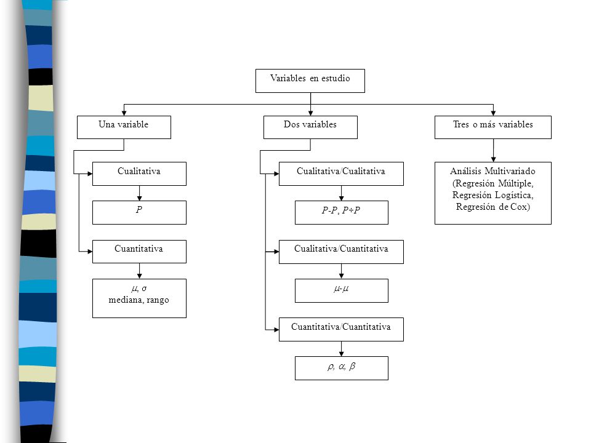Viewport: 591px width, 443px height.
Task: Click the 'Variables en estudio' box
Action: point(310,81)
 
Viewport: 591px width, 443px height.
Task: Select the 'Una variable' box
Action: point(124,127)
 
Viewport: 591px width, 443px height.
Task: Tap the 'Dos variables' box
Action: point(310,127)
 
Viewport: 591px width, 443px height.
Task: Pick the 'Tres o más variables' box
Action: point(493,127)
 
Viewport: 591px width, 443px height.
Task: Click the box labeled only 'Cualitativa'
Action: point(140,174)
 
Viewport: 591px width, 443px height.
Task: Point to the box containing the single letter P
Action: point(140,212)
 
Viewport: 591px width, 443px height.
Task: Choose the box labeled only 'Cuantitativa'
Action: point(140,252)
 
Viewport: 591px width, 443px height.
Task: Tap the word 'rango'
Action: point(158,301)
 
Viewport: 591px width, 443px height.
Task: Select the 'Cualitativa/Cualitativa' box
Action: point(341,174)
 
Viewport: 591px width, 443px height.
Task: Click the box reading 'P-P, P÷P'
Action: point(342,212)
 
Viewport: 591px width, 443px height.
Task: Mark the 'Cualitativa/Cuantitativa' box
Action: point(341,252)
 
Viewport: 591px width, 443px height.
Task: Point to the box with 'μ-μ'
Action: point(342,290)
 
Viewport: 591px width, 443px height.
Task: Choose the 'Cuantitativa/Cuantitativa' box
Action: point(341,330)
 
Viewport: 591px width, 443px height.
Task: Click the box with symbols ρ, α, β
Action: point(342,368)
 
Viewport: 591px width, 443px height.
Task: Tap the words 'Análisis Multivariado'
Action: point(492,171)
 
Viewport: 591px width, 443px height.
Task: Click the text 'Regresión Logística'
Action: point(492,195)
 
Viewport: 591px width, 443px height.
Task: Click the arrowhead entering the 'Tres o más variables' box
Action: point(493,113)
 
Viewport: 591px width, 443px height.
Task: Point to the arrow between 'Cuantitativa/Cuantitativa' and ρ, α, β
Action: point(341,349)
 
